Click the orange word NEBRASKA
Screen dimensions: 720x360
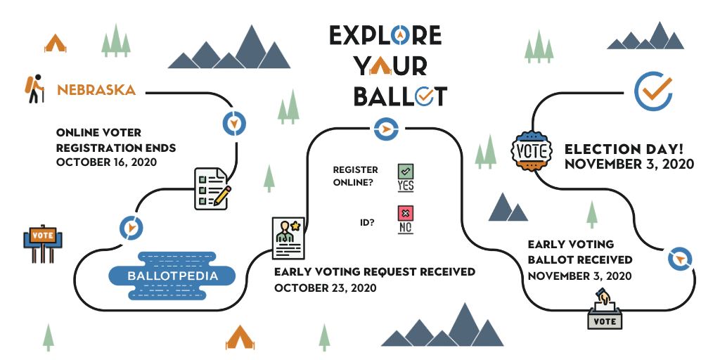click(96, 89)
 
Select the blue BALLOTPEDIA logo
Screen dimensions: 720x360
click(172, 276)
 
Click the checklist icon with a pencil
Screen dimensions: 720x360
click(212, 189)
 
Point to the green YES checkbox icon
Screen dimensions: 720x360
click(406, 177)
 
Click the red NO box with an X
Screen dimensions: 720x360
click(406, 219)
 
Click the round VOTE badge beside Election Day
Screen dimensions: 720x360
click(532, 151)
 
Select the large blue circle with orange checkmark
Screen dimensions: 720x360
click(653, 91)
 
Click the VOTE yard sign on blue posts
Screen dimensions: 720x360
click(43, 243)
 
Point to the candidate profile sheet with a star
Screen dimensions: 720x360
click(288, 238)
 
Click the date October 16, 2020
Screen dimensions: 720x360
click(107, 162)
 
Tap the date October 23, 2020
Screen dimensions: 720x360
click(325, 288)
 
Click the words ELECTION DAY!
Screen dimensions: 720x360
click(624, 149)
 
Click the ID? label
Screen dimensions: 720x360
click(367, 223)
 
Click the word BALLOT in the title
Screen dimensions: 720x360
click(400, 96)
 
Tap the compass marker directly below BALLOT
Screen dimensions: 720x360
click(386, 129)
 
